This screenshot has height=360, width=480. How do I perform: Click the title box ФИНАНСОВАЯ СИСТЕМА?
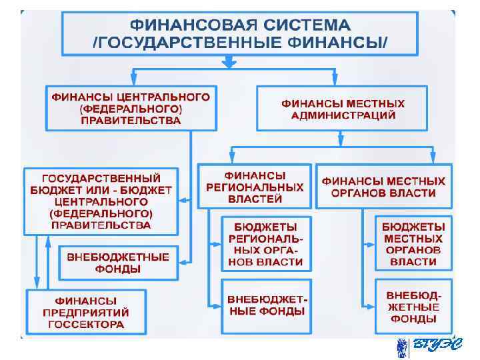tap(240, 33)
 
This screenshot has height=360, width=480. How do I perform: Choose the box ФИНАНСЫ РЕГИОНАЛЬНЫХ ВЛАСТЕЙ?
tap(255, 187)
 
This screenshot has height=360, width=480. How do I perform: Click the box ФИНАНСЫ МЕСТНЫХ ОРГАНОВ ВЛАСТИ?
tap(383, 187)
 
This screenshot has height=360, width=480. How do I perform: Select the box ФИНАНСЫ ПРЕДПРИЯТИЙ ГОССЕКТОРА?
tap(86, 313)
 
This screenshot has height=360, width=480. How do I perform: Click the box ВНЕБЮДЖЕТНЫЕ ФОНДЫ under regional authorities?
tap(265, 305)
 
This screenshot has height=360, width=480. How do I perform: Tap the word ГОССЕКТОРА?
tap(86, 325)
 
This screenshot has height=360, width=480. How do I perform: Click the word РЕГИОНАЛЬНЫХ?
tap(255, 188)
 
